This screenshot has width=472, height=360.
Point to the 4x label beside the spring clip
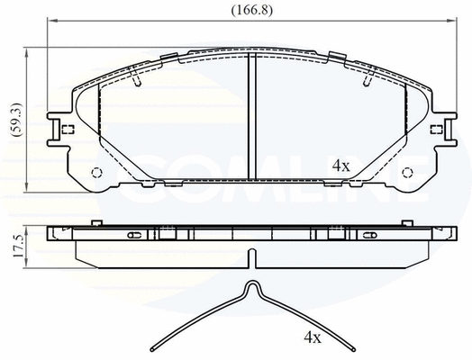(x=313, y=338)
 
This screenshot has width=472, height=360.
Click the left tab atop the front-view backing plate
(x=169, y=56)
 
